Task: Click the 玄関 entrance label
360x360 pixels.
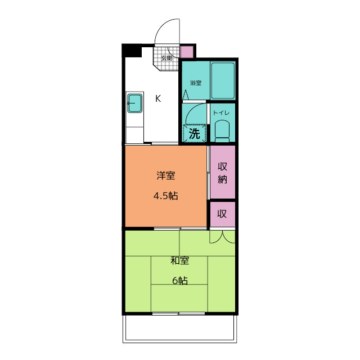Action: click(166, 58)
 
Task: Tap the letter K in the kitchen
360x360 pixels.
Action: click(159, 98)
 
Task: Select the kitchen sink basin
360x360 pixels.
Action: click(135, 103)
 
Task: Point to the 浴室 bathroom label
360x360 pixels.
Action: click(195, 83)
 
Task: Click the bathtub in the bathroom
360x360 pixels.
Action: click(222, 80)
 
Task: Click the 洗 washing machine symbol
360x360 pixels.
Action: click(194, 134)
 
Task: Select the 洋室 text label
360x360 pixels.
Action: click(165, 175)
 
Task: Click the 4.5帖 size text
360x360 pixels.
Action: click(165, 196)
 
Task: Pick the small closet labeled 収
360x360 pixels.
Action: click(222, 214)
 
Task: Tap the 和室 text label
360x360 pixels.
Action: click(179, 260)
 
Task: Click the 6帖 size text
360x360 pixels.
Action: click(179, 281)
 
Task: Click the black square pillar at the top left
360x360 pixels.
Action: click(132, 51)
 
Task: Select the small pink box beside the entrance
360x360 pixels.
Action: click(187, 52)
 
